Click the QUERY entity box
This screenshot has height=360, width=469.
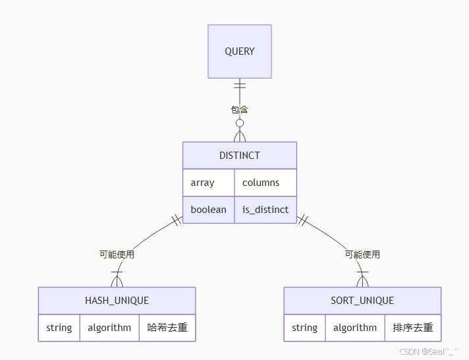(x=240, y=51)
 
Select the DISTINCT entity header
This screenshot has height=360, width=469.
(x=240, y=156)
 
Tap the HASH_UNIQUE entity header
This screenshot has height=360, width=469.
(x=117, y=301)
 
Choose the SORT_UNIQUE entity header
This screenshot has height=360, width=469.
(x=362, y=301)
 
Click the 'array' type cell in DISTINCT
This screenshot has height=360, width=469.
(x=208, y=183)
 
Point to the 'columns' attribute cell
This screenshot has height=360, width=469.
(x=265, y=183)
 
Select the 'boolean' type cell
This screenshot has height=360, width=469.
(x=208, y=210)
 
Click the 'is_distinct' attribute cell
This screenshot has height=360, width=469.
(x=265, y=210)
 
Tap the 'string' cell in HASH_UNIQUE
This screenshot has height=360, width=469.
(x=59, y=328)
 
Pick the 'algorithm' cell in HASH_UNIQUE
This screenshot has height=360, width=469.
(x=109, y=328)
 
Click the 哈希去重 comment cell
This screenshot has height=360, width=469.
(x=167, y=328)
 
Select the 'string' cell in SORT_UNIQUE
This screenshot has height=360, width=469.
(x=304, y=328)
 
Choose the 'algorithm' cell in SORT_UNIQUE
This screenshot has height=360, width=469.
(x=355, y=328)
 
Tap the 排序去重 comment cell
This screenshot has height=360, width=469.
(x=413, y=328)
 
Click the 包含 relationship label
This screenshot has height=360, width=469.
(x=240, y=109)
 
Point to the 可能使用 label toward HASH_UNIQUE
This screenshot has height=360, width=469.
(x=117, y=255)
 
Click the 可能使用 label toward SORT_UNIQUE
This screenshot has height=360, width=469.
(x=362, y=255)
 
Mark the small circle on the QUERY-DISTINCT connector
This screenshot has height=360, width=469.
(x=240, y=123)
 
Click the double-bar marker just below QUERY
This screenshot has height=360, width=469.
(x=240, y=85)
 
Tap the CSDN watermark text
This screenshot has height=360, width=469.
(x=429, y=351)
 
